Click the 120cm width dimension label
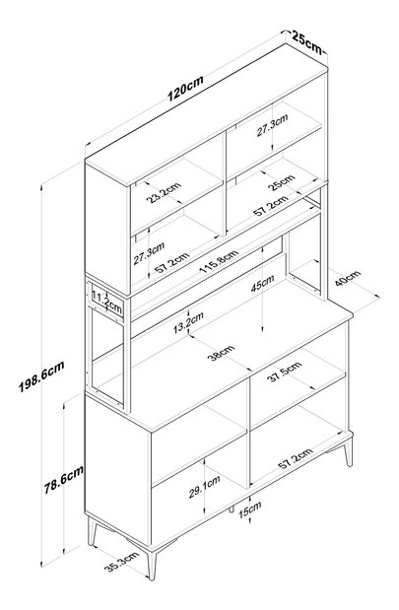(185, 89)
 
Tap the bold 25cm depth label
(306, 42)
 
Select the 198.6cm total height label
(41, 376)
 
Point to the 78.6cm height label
(63, 480)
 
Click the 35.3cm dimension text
(121, 562)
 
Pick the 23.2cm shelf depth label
(164, 192)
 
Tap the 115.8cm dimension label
(219, 261)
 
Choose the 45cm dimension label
(263, 283)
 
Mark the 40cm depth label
(348, 278)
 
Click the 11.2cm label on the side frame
(107, 303)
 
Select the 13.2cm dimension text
(188, 322)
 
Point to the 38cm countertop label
(222, 353)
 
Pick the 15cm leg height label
(249, 510)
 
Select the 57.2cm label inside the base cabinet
(296, 458)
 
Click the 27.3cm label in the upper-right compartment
(272, 125)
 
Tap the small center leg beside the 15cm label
(232, 509)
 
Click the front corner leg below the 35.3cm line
(153, 563)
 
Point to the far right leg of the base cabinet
(348, 451)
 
